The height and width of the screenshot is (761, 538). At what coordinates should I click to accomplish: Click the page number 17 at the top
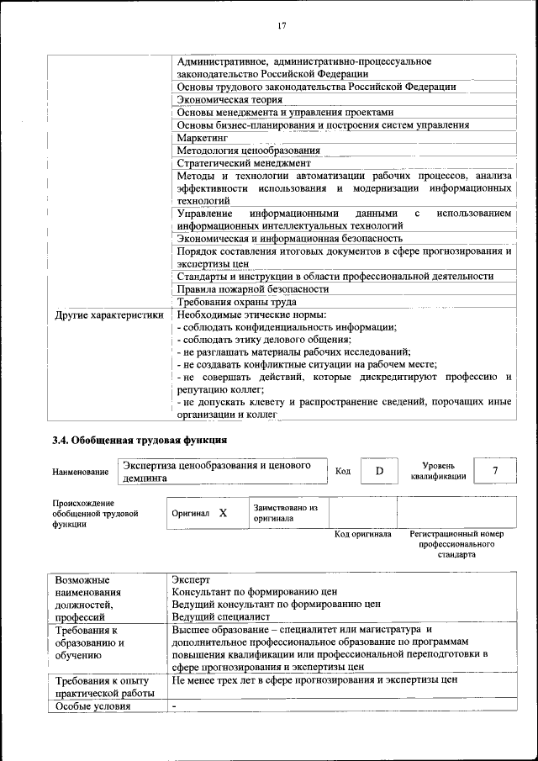click(x=281, y=26)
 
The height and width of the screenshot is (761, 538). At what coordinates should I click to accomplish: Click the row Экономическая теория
click(x=224, y=99)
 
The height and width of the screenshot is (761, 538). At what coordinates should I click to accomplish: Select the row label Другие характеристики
click(x=109, y=314)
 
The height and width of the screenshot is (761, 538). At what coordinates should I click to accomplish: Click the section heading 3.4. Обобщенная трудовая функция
click(x=139, y=439)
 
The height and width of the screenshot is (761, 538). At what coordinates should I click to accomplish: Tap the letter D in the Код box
click(x=379, y=471)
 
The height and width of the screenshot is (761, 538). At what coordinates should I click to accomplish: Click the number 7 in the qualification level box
click(x=495, y=471)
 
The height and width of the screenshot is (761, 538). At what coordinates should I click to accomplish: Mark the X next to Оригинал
click(x=223, y=512)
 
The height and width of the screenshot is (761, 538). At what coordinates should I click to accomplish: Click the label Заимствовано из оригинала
click(x=286, y=513)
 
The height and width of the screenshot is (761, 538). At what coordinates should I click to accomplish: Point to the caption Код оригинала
click(x=362, y=534)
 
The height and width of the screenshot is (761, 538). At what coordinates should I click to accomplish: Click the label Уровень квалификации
click(x=439, y=470)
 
